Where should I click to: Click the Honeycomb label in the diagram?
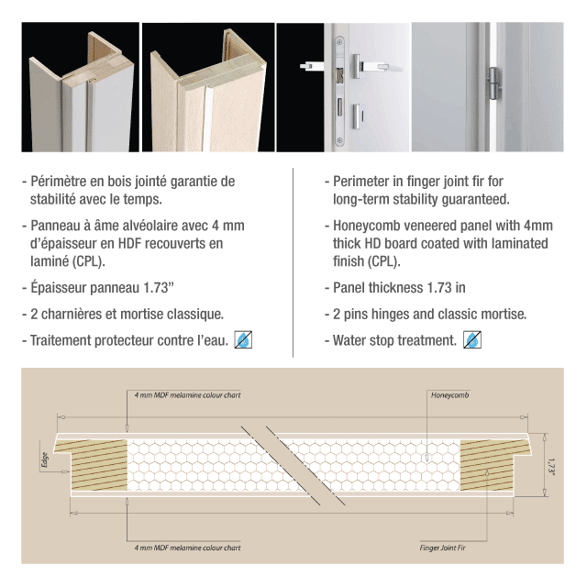point(449,395)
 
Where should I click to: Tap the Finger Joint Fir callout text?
point(442,548)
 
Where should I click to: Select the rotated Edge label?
point(45,460)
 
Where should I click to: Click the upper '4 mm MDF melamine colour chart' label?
point(187,395)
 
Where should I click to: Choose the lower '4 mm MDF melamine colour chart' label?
point(187,548)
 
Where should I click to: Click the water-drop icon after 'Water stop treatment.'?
point(472,340)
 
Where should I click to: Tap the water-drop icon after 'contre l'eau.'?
point(243,340)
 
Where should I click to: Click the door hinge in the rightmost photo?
point(493,83)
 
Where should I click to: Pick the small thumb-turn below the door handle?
point(357,116)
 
